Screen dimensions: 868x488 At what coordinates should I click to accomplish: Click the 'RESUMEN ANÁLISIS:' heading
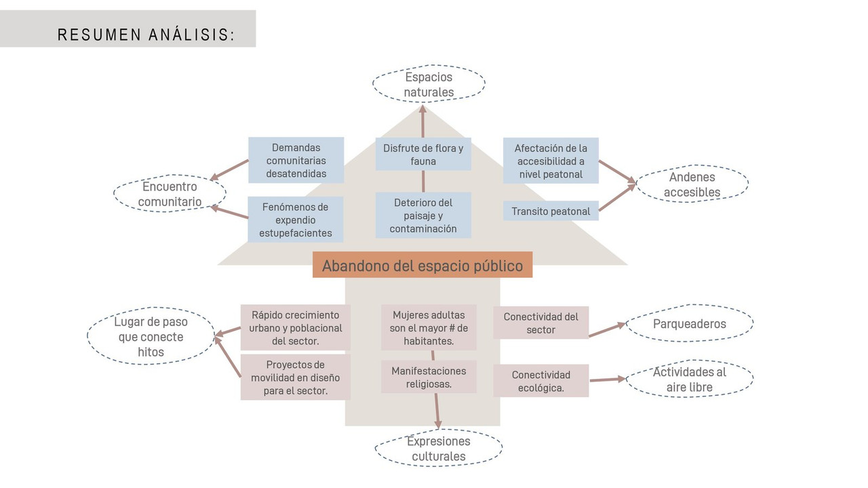pos(146,35)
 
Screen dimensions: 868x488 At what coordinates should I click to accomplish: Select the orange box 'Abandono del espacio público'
pos(422,265)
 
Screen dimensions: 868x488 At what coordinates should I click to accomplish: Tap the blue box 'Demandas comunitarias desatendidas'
pos(296,160)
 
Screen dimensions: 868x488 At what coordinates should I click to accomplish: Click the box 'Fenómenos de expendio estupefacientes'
pos(295,220)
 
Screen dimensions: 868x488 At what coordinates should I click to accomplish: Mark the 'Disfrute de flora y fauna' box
pos(423,154)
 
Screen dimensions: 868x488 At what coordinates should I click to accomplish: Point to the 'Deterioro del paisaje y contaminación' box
pos(423,216)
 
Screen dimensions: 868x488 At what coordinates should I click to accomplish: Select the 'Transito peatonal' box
pos(551,211)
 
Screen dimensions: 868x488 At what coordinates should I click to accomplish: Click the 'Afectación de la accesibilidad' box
pos(551,161)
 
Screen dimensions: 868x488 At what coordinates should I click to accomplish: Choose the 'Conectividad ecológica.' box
pos(541,381)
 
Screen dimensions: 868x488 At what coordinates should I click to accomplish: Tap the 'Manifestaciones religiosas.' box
pos(429,377)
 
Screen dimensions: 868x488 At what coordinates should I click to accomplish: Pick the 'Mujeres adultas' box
pos(429,327)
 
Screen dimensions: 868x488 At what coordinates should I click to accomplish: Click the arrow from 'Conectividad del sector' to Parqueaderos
pos(607,329)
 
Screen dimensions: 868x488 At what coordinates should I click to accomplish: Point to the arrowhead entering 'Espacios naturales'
pos(422,109)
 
